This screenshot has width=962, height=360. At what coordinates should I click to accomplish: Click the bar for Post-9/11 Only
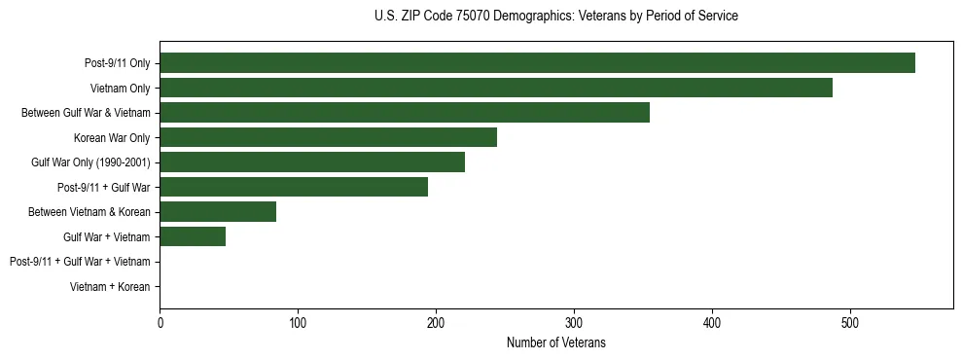[537, 63]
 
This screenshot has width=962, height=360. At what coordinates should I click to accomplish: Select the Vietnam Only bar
[496, 88]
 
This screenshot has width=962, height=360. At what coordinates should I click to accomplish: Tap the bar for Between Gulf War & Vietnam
[405, 113]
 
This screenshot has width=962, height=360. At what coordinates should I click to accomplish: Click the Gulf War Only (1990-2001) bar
[312, 162]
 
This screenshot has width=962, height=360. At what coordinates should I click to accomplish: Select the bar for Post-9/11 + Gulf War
[294, 187]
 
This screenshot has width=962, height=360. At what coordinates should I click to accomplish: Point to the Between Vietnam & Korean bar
[218, 212]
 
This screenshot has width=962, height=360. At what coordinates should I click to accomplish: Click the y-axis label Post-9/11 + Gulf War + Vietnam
[80, 262]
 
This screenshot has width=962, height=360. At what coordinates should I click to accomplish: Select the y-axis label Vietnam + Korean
[110, 287]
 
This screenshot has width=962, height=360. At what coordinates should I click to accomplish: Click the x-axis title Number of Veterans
[555, 342]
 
